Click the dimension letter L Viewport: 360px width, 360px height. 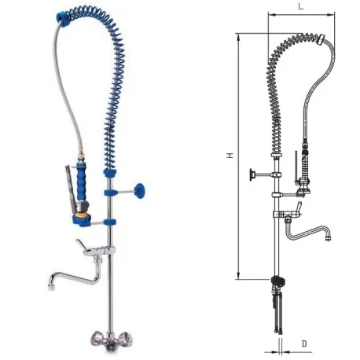[x=301, y=6]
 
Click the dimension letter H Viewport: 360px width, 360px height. [x=230, y=156]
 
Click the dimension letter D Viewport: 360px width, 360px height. [x=303, y=344]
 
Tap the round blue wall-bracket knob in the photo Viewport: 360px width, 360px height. [x=141, y=189]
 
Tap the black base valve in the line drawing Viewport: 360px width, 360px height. [x=276, y=281]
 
